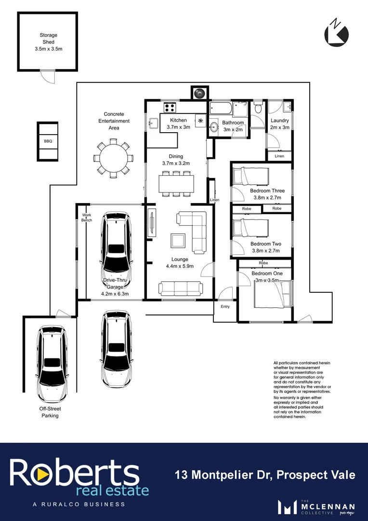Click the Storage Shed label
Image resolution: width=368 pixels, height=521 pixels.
click(48, 42)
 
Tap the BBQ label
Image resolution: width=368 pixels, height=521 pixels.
click(48, 141)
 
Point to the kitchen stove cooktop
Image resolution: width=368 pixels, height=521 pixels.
click(170, 108)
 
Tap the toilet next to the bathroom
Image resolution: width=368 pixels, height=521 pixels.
click(258, 108)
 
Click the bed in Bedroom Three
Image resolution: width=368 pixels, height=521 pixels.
click(246, 176)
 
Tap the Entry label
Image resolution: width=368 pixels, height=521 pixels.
click(225, 306)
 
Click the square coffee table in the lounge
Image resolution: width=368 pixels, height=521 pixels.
click(178, 241)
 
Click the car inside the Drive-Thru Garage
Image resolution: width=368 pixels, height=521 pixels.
click(116, 244)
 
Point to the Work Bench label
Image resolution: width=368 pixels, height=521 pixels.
click(87, 218)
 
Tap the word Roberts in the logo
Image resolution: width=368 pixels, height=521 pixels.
click(74, 473)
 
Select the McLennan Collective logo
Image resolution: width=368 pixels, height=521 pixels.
click(317, 507)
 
